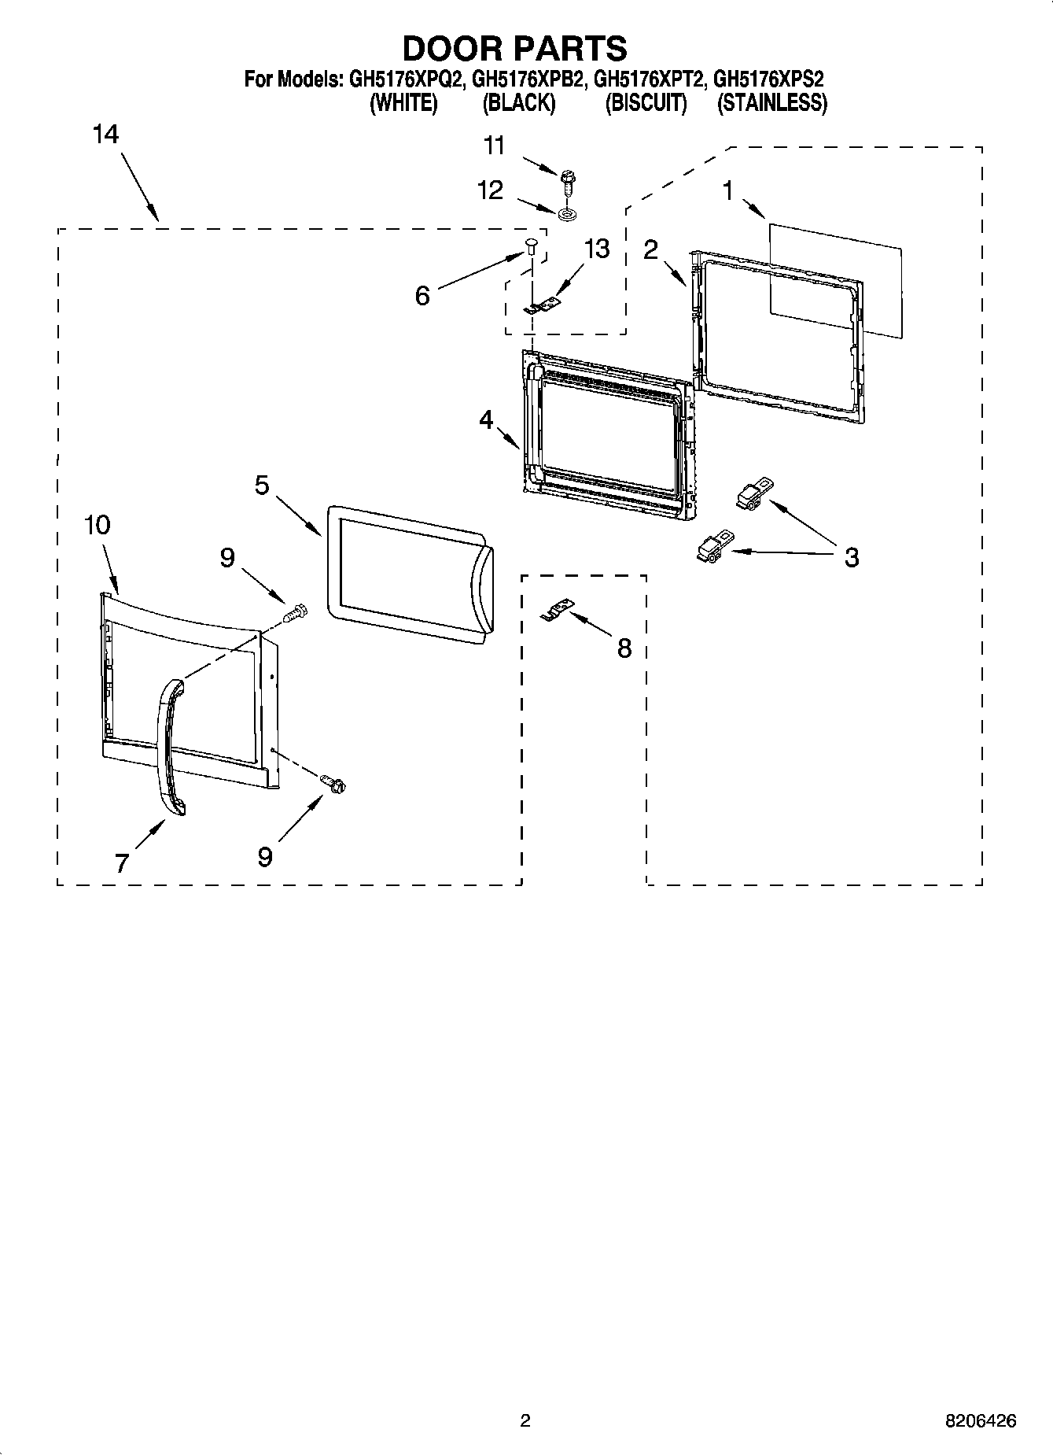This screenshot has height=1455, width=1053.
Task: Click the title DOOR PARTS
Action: coord(514,48)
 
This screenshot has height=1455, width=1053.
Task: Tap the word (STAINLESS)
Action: coord(771,103)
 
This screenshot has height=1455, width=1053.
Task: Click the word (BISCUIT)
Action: coord(646,103)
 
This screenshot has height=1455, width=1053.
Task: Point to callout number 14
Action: coord(105,135)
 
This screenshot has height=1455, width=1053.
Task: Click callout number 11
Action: coord(494,146)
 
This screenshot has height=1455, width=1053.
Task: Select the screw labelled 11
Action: coord(567,183)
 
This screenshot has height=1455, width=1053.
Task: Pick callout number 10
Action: coord(98,525)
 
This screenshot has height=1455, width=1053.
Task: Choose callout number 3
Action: coord(852,558)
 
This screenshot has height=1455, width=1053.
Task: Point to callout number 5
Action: coord(262,485)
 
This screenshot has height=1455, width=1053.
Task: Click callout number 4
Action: coord(486,420)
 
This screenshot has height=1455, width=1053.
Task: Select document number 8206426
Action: coord(981,1420)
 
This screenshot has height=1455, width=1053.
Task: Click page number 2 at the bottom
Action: coord(525,1420)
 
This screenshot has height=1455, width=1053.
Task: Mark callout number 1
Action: coord(728,190)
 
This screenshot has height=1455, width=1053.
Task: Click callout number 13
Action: coord(597,249)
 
